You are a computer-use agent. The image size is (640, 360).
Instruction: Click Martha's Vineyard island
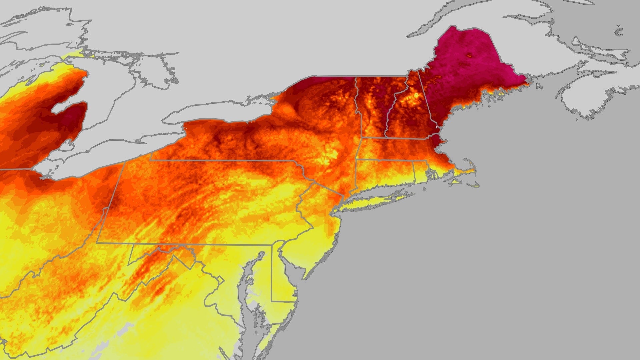[x=455, y=183]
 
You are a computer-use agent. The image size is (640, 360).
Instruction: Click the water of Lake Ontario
[x=217, y=113]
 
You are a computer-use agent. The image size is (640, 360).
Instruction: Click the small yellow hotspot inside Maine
[x=470, y=55]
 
